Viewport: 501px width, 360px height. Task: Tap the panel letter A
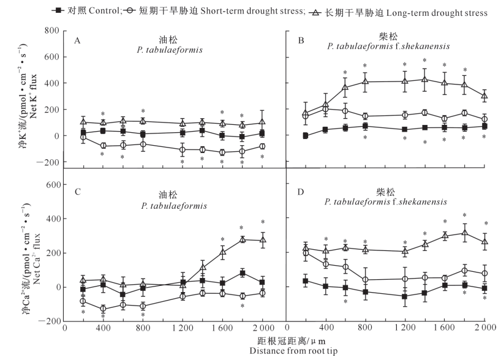78,41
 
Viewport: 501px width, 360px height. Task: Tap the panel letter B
301,41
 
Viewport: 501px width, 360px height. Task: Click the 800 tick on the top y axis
51,31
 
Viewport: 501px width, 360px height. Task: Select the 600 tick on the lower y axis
51,184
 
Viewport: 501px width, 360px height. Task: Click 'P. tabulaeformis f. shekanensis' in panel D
386,201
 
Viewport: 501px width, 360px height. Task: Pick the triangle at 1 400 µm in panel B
424,79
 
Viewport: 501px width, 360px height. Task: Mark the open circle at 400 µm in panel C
104,309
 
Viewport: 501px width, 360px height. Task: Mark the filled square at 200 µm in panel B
305,135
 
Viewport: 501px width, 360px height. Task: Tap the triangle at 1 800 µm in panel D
465,233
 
